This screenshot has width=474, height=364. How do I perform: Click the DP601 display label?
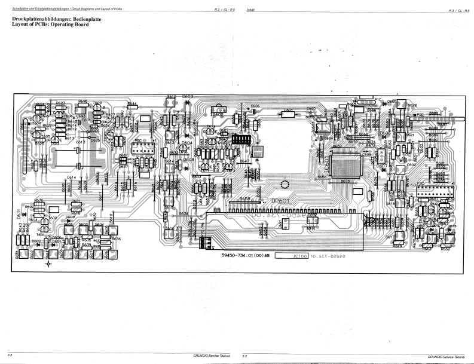pyautogui.click(x=280, y=201)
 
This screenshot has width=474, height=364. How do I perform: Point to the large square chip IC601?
pyautogui.click(x=345, y=163)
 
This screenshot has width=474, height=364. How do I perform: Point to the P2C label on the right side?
pyautogui.click(x=420, y=114)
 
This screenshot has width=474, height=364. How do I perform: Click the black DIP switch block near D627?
pyautogui.click(x=241, y=140)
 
